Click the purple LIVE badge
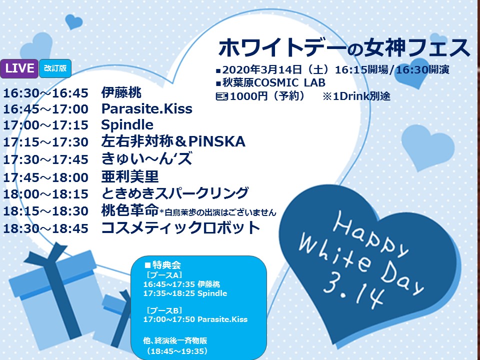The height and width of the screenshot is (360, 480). [19, 68]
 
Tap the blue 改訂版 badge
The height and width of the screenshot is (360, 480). [55, 68]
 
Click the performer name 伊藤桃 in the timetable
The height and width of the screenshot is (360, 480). [121, 92]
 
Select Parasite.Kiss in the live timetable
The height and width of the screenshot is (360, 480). [146, 108]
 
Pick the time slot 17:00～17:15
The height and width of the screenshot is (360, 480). [45, 125]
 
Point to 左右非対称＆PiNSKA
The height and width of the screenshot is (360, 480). [173, 141]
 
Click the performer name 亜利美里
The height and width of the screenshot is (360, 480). [130, 176]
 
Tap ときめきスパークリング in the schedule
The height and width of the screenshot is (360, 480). [175, 193]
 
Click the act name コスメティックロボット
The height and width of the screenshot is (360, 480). [180, 228]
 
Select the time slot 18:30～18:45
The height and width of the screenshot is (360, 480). [45, 228]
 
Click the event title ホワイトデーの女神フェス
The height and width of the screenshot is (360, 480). [344, 48]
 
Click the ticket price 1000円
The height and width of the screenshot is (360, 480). [248, 96]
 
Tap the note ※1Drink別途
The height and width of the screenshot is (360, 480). [356, 96]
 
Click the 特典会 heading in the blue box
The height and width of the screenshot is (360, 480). [166, 265]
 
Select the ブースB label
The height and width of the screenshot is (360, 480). [164, 310]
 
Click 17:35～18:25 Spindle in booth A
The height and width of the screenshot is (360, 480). [185, 293]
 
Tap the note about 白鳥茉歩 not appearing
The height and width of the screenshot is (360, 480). [218, 212]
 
